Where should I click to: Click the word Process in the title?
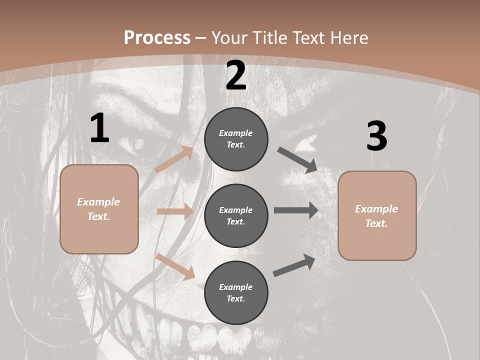coord(157,38)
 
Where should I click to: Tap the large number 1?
coord(99,128)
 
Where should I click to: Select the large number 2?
coord(236,75)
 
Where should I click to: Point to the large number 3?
coord(376,136)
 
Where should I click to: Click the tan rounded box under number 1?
coord(99,209)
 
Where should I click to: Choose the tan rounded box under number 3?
coord(377,216)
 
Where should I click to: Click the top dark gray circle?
coord(236,139)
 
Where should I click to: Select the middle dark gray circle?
coord(236,216)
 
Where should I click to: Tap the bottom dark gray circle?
coord(236,293)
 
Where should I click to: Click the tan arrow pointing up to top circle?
coord(174,159)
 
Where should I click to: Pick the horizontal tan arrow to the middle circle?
coord(175,211)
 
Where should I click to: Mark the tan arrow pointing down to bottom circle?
coord(175,266)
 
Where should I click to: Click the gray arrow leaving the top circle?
coord(297,160)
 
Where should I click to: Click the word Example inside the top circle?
coord(236,133)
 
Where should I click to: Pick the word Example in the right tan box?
coord(376,209)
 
